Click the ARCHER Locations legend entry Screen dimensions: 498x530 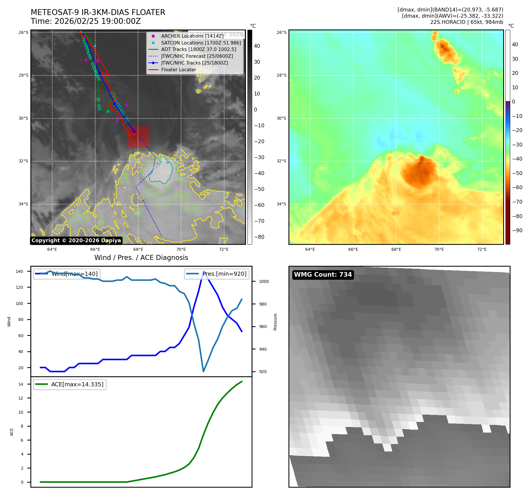click(x=192, y=36)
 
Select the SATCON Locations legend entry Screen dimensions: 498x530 click(x=201, y=43)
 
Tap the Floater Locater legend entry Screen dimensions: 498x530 click(x=178, y=70)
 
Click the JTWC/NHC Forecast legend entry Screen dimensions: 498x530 click(x=197, y=56)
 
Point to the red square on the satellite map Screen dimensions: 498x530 click(x=138, y=137)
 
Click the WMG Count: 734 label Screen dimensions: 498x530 click(x=323, y=275)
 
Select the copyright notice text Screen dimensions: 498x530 click(x=76, y=240)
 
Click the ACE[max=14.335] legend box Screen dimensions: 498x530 click(x=70, y=384)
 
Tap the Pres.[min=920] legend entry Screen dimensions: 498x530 click(x=217, y=274)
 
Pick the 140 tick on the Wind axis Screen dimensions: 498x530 click(x=19, y=271)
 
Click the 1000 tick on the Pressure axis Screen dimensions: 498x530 click(x=264, y=281)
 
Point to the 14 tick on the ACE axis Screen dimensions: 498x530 click(x=21, y=384)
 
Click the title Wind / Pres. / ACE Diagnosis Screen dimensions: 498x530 click(x=141, y=258)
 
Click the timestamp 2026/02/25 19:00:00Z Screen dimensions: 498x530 click(x=98, y=22)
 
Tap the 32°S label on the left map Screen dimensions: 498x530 click(x=23, y=161)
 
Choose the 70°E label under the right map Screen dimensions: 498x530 click(x=439, y=249)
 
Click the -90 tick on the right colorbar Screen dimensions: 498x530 click(x=517, y=230)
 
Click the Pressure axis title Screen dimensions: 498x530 click(x=275, y=322)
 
